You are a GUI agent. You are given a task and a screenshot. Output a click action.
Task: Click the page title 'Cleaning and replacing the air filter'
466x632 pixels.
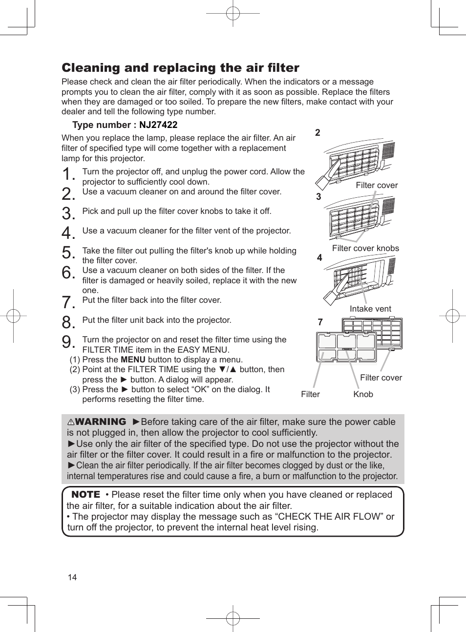[x=180, y=68]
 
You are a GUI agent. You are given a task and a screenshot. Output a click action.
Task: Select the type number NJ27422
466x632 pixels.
[x=158, y=125]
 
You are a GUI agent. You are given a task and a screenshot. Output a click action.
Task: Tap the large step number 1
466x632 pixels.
[x=68, y=174]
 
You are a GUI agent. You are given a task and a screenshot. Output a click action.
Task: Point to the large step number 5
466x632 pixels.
[x=68, y=253]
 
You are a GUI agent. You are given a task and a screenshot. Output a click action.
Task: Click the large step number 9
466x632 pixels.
[x=68, y=342]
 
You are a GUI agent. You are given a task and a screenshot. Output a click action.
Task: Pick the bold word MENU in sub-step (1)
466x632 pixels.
[x=133, y=360]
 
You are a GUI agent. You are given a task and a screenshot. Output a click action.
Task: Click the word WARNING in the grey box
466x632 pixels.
[x=100, y=422]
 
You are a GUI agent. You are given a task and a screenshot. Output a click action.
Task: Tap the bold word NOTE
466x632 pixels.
[x=85, y=495]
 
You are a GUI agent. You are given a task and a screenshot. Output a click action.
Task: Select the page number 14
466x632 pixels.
[x=72, y=577]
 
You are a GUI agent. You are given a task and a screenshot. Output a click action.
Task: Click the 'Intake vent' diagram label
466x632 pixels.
[x=370, y=309]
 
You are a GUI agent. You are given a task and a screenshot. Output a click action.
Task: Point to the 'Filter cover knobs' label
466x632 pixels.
[x=365, y=248]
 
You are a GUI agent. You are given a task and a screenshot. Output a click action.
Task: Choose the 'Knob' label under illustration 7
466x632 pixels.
[x=363, y=394]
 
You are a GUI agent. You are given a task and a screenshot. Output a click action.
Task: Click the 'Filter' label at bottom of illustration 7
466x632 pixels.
[x=310, y=394]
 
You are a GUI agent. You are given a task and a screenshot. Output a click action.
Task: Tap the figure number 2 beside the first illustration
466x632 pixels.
[x=318, y=133]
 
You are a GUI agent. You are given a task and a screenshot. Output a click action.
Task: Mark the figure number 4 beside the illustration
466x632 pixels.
[x=319, y=258]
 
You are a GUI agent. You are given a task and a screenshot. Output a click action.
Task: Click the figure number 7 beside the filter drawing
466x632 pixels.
[x=320, y=322]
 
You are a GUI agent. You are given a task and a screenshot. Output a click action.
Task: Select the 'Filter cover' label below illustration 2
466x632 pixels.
[x=377, y=186]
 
